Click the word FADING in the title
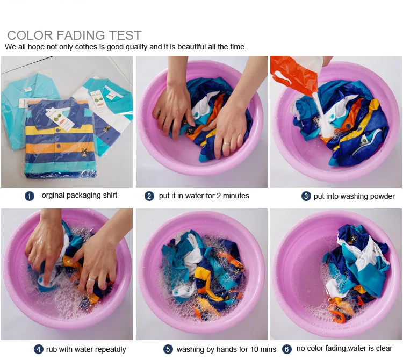[81, 35]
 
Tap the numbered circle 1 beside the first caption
[30, 196]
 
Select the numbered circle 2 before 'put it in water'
[149, 196]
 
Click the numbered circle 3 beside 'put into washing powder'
[306, 196]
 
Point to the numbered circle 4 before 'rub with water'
[39, 349]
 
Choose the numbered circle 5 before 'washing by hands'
[168, 349]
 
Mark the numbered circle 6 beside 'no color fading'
[287, 349]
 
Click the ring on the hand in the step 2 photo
[226, 143]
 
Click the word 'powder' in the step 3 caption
[383, 197]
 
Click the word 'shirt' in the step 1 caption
[110, 195]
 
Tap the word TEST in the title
[125, 35]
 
